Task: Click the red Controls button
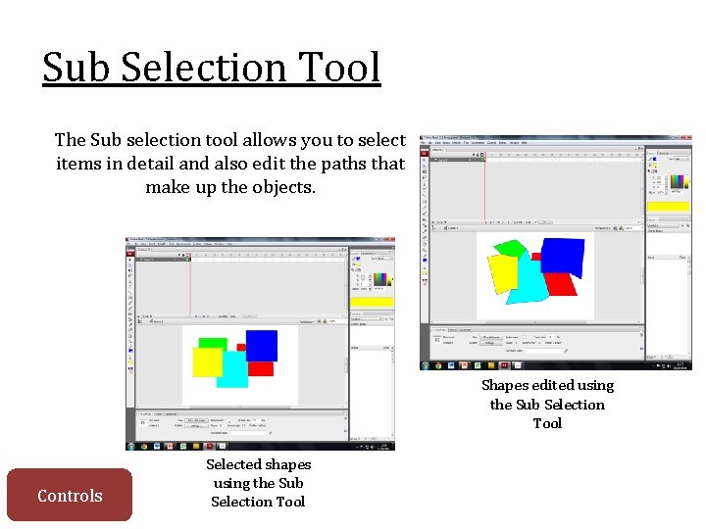[x=69, y=495]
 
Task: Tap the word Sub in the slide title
[x=75, y=68]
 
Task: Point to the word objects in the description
[x=284, y=187]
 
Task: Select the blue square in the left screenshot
[x=261, y=345]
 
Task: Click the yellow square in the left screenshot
[x=207, y=361]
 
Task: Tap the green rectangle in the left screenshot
[x=213, y=342]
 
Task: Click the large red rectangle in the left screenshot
[x=261, y=368]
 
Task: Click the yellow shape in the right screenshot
[x=503, y=273]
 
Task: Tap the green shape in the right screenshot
[x=510, y=248]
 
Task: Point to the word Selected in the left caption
[x=234, y=464]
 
